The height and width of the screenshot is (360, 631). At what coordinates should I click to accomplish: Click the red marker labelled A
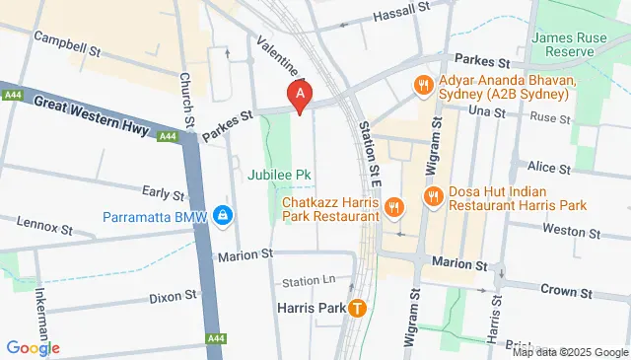[300, 94]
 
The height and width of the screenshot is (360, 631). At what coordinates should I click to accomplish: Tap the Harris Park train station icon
[357, 308]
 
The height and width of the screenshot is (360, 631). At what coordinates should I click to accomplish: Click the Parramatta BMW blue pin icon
[225, 215]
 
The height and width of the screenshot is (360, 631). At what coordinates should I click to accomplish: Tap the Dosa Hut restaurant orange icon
[432, 198]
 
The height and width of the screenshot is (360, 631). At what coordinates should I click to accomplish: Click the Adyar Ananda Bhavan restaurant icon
[423, 85]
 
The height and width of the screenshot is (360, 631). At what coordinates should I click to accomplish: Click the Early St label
[164, 193]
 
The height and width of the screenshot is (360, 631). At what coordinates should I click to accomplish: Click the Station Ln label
[303, 281]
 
